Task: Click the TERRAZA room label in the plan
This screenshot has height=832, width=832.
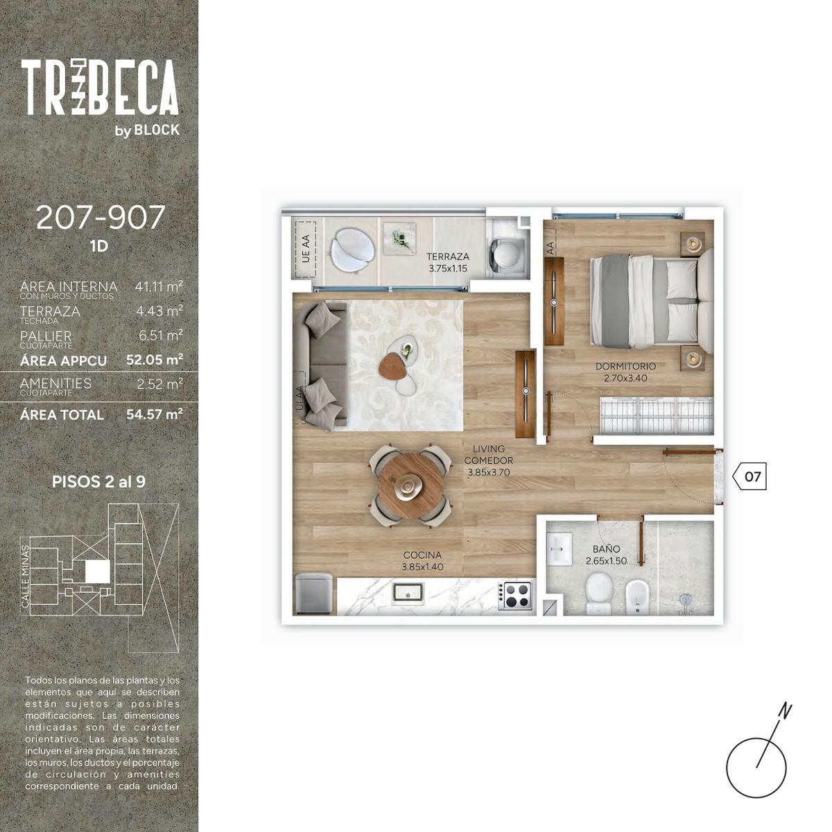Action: point(448,256)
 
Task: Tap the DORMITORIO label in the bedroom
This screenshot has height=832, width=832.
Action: point(625,366)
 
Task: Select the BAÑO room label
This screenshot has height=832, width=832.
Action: point(606,549)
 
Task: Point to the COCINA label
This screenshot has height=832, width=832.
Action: point(422,555)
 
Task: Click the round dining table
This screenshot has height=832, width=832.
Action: point(410,486)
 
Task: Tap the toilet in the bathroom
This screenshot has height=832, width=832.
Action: point(599,592)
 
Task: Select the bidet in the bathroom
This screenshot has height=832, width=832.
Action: point(637,596)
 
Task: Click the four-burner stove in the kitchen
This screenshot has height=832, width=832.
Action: point(515,596)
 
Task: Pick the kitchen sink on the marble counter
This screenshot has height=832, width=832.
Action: point(408,593)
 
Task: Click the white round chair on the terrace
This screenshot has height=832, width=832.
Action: point(352,251)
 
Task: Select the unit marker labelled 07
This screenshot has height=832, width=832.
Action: point(749,476)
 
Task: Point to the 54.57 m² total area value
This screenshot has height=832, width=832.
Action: point(155,415)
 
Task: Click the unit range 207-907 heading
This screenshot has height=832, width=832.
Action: point(101,217)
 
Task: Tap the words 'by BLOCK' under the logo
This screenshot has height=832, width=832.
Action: point(147,130)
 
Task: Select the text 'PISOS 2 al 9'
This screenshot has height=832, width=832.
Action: point(98,482)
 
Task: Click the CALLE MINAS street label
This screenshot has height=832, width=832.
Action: point(26,576)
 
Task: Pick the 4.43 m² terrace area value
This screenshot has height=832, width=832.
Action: point(159,311)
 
